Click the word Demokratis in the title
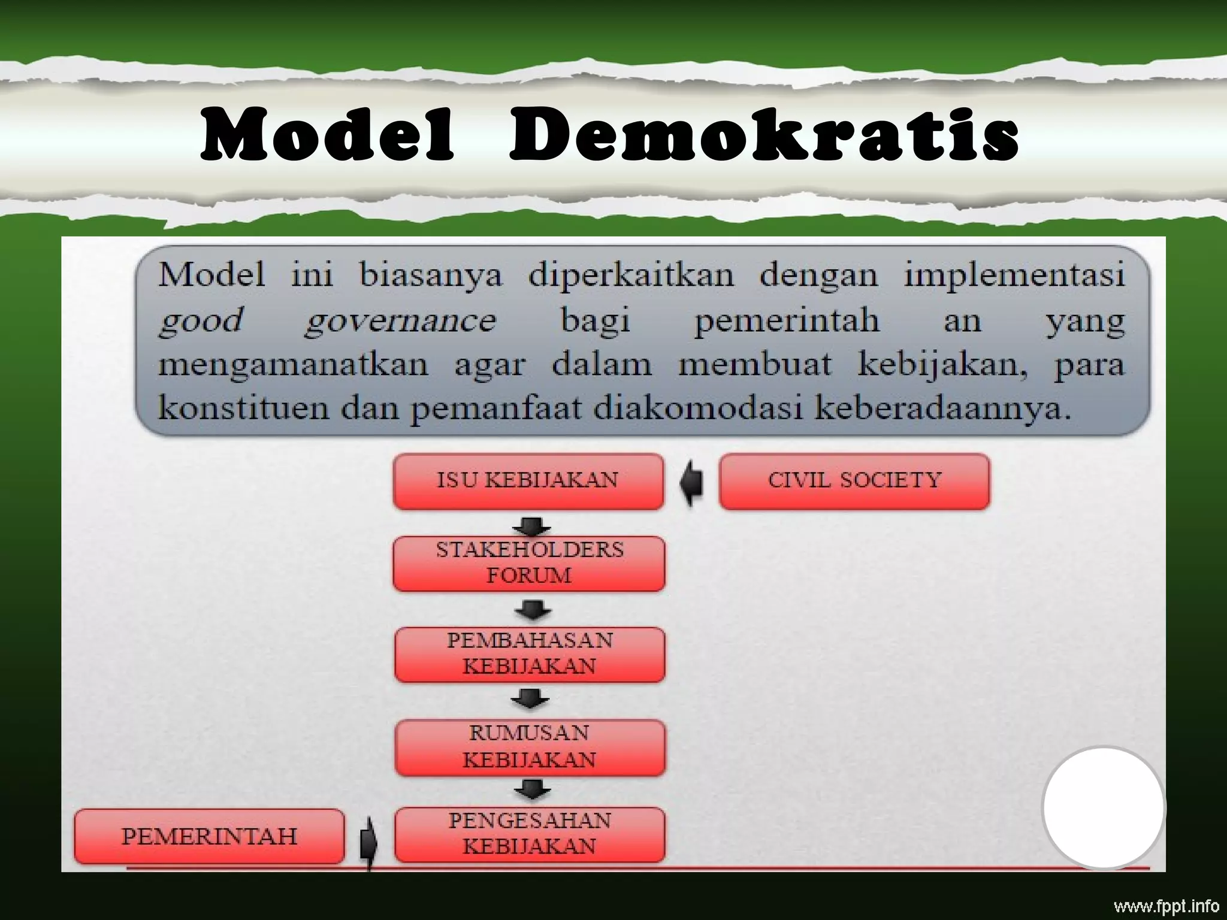click(763, 135)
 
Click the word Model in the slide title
click(327, 135)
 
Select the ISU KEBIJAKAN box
click(528, 481)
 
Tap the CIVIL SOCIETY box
click(854, 481)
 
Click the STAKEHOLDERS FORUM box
click(529, 563)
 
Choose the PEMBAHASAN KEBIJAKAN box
click(530, 654)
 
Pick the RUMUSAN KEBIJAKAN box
click(530, 747)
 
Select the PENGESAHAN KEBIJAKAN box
click(530, 834)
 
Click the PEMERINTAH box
click(209, 836)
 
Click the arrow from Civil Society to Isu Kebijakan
click(691, 483)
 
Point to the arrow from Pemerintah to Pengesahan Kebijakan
click(368, 840)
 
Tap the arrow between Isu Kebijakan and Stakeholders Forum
click(531, 526)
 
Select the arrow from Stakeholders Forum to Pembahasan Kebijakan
click(532, 611)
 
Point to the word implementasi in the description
click(1014, 276)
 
